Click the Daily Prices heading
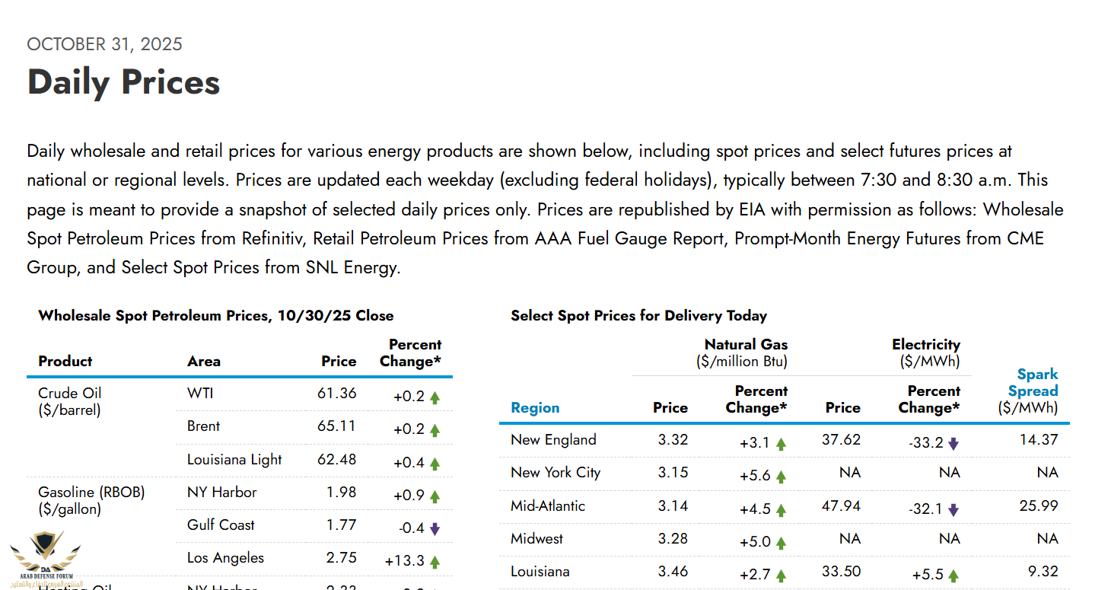point(123,82)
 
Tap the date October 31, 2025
point(104,44)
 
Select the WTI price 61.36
point(336,394)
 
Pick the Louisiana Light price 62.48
point(336,460)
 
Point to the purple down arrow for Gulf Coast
point(435,528)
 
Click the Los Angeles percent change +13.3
point(404,561)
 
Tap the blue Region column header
point(535,408)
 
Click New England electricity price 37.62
point(842,440)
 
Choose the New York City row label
point(555,473)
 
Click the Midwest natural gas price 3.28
point(673,539)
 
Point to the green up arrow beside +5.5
point(953,576)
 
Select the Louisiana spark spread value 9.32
point(1042,572)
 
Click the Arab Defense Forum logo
point(45,557)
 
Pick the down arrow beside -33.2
point(953,444)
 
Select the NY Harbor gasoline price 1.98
point(341,493)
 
